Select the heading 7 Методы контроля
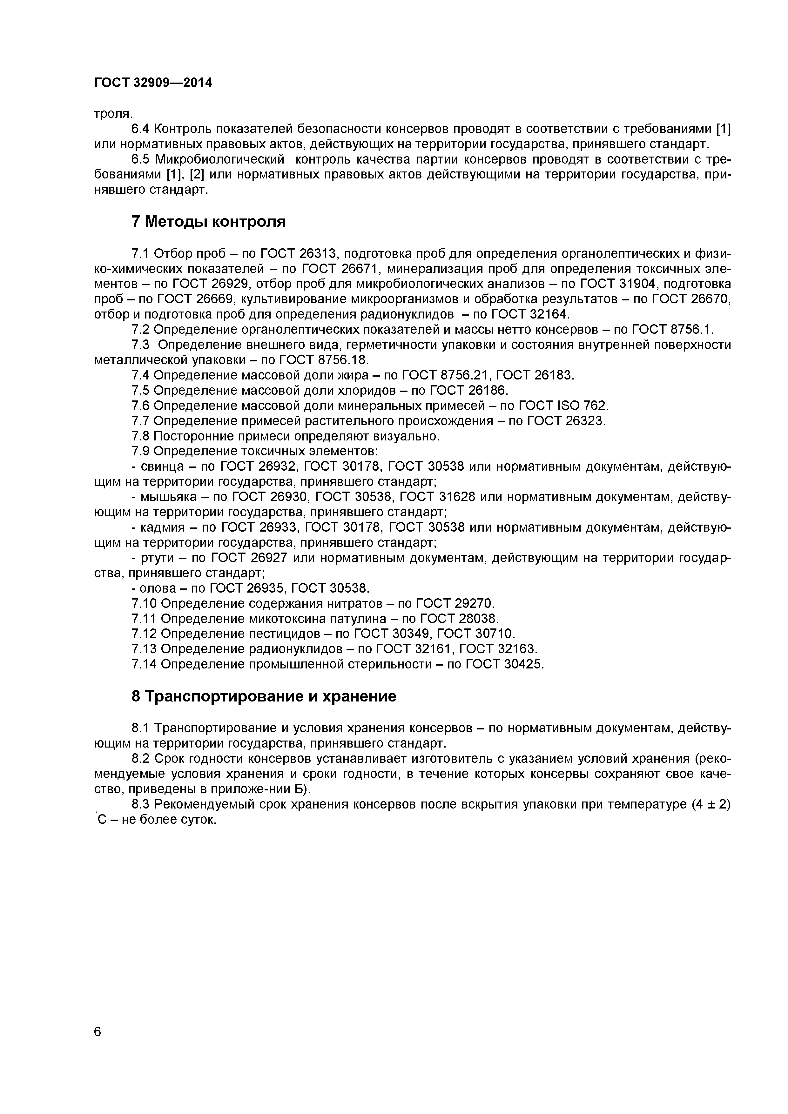tap(209, 222)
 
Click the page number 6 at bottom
tap(98, 1045)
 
